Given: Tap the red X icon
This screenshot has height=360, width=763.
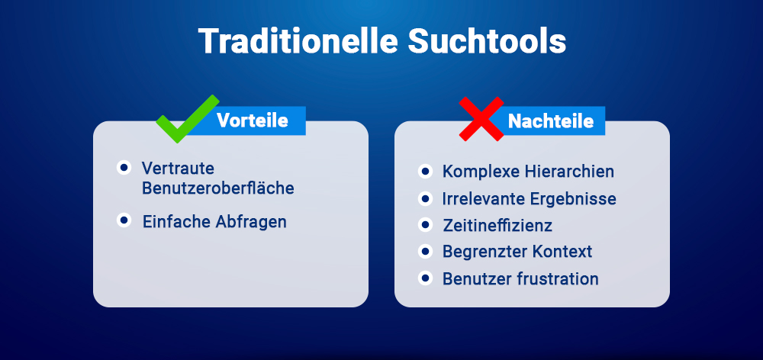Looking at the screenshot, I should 481,119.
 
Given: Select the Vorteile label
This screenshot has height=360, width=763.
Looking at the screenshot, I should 252,121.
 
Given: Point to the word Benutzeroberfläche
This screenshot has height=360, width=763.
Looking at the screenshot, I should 217,188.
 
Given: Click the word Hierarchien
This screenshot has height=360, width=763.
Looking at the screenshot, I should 565,172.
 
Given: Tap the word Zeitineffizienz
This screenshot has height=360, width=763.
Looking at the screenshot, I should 497,226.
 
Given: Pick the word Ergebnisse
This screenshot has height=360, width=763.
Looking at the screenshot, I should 571,199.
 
